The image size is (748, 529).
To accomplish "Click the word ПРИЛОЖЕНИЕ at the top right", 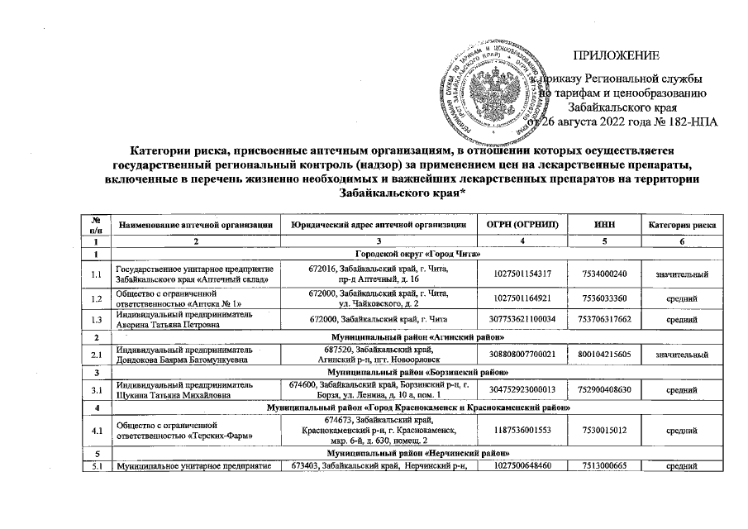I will coord(617,56).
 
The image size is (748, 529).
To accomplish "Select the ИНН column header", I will coord(603,225).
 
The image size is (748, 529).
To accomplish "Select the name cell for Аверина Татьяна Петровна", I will coord(195,320).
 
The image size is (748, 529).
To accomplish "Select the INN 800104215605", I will coord(604,355).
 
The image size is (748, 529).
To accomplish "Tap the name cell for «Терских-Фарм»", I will coord(195,431).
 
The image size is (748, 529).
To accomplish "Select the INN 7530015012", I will coord(604,431).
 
